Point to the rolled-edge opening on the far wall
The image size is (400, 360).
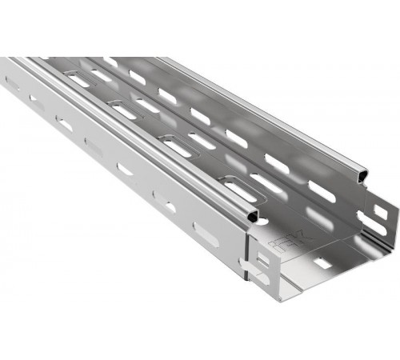[365, 173]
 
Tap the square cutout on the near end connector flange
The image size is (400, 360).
[264, 258]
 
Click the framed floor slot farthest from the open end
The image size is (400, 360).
[79, 79]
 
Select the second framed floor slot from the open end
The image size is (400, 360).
[179, 147]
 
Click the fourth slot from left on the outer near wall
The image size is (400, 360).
[94, 146]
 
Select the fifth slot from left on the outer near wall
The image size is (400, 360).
[126, 170]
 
